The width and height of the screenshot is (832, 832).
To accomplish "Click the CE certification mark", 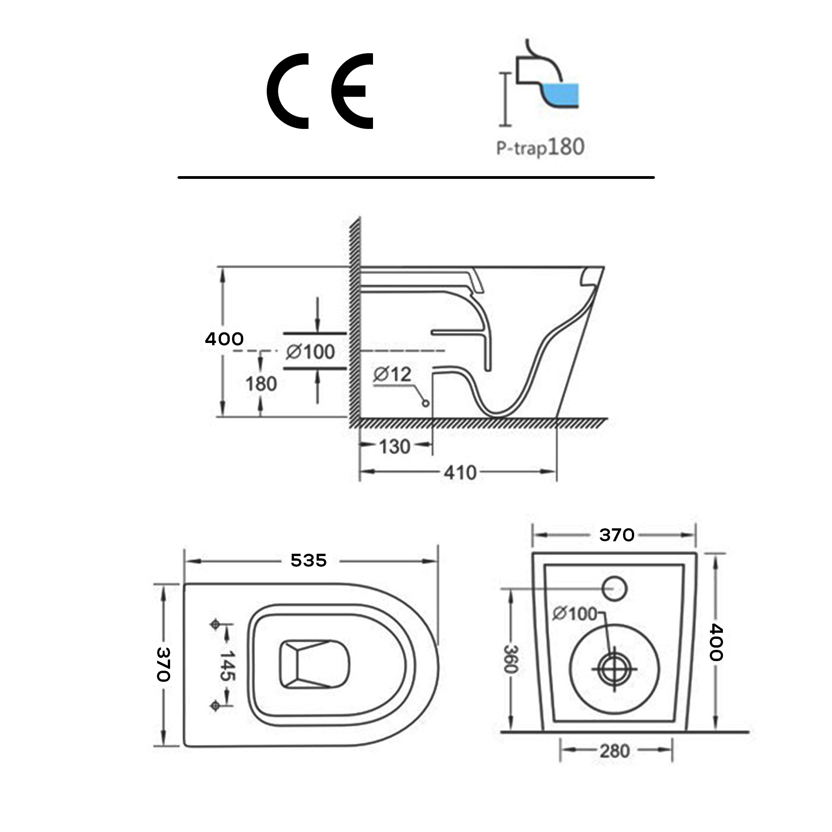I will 320,91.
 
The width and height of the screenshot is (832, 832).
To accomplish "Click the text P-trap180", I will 540,147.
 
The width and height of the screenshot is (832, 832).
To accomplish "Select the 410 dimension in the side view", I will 460,473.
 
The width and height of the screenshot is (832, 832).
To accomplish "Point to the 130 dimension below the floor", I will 395,447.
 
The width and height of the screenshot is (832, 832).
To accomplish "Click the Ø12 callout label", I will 392,374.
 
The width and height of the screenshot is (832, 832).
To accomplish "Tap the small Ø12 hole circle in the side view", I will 426,404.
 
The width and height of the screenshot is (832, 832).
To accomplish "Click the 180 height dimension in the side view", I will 261,384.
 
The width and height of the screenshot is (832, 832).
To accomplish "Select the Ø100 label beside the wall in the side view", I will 310,352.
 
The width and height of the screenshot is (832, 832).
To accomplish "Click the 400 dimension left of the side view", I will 224,339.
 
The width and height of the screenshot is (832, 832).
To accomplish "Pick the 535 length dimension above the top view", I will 308,561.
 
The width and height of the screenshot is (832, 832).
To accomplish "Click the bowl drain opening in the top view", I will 314,664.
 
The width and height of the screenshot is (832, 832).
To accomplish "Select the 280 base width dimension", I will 615,751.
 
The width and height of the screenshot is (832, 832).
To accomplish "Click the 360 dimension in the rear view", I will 510,659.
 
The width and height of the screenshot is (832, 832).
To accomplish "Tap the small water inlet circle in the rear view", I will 614,589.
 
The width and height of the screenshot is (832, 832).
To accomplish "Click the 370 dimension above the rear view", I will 616,535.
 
